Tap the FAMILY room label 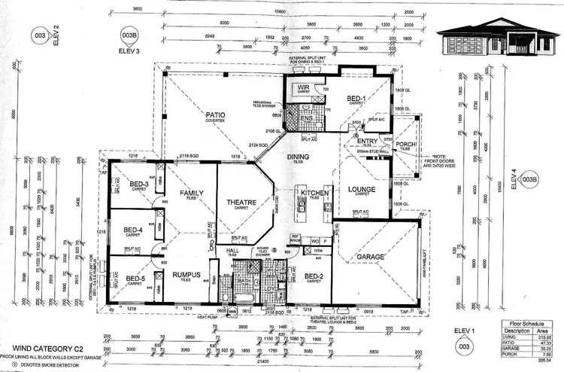click(192, 194)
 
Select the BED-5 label click(135, 278)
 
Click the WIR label click(304, 87)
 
